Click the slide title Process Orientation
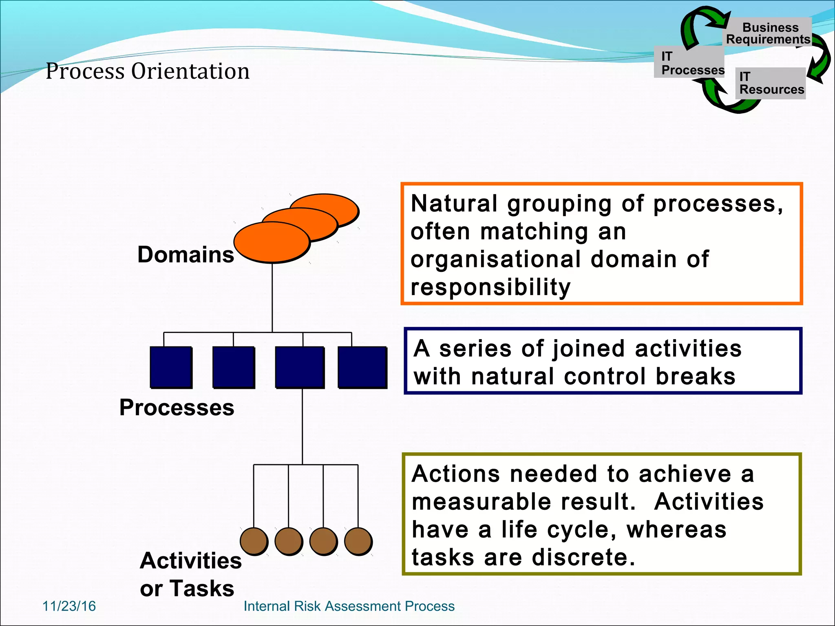click(148, 71)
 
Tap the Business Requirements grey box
click(769, 32)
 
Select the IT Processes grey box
click(689, 62)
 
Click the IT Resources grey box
click(771, 83)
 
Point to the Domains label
click(186, 255)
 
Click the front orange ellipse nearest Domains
click(272, 242)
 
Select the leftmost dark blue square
click(171, 367)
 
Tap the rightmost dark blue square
click(362, 367)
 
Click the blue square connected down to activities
click(300, 367)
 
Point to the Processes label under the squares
click(177, 408)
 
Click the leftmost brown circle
click(254, 541)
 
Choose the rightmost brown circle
click(358, 541)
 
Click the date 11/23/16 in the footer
click(69, 606)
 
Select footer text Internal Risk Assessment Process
click(349, 606)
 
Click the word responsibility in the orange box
click(490, 287)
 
